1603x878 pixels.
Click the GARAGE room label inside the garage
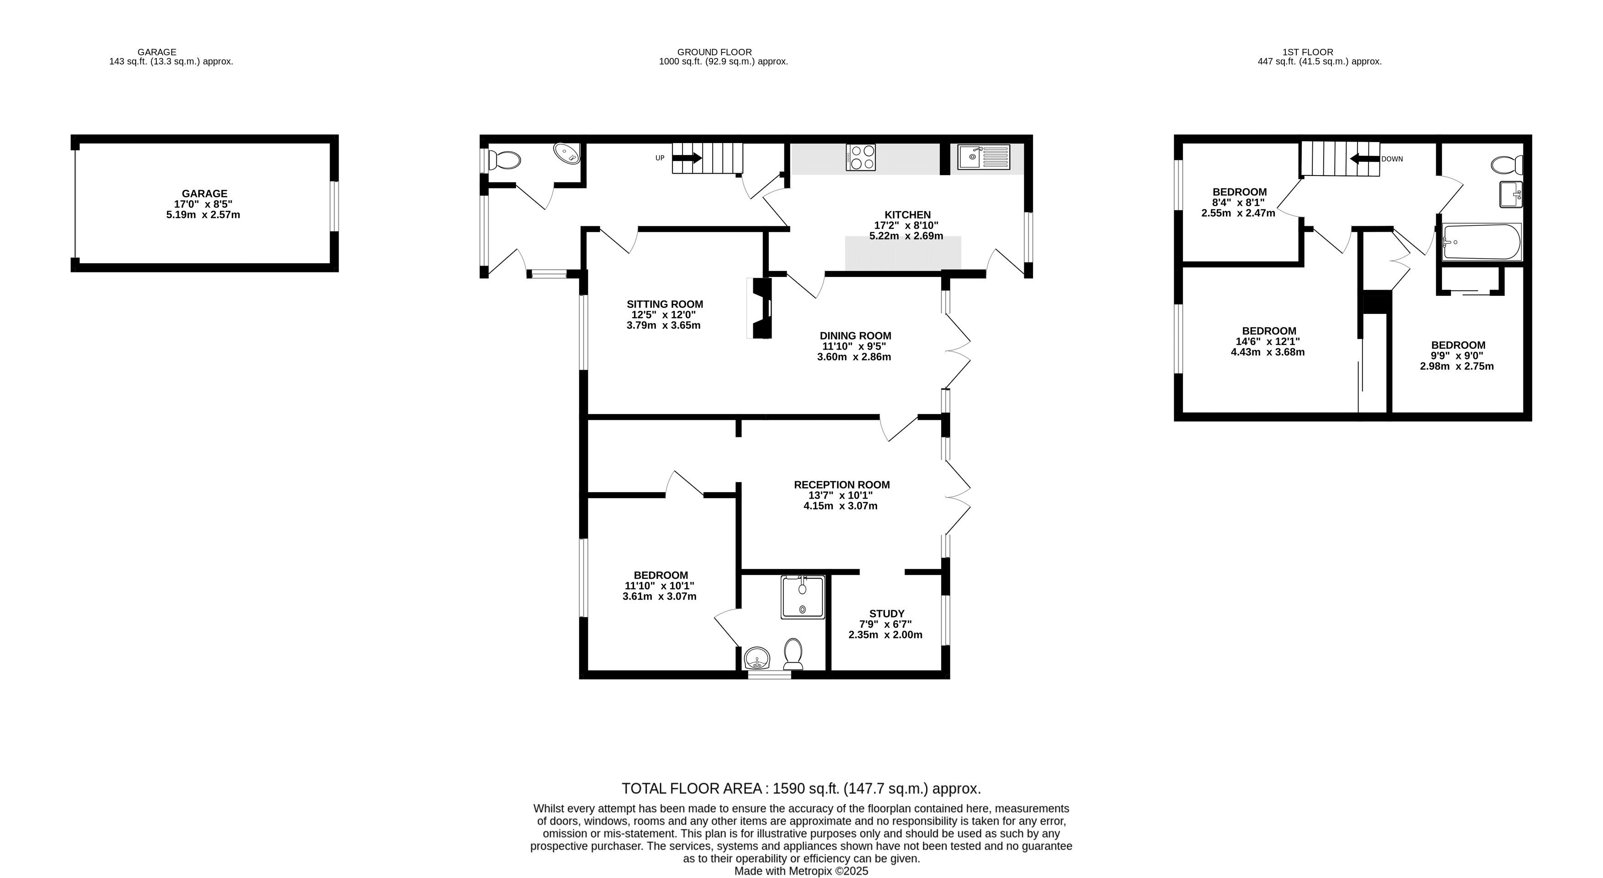pyautogui.click(x=204, y=193)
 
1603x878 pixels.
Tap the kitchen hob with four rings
pyautogui.click(x=861, y=157)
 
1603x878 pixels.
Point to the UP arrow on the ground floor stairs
pyautogui.click(x=687, y=158)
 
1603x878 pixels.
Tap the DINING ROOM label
pyautogui.click(x=855, y=336)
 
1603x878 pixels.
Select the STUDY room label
pyautogui.click(x=887, y=613)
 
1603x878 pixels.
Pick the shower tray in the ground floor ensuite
pyautogui.click(x=804, y=597)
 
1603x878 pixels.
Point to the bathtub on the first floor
pyautogui.click(x=1482, y=242)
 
